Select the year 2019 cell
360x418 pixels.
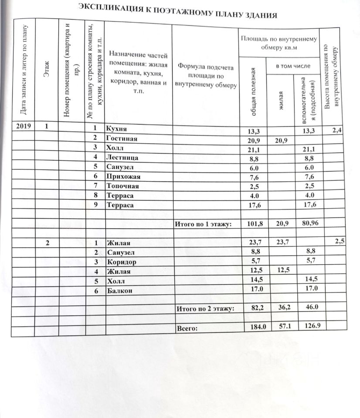point(24,127)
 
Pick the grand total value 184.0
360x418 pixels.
point(255,327)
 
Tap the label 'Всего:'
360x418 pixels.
point(187,328)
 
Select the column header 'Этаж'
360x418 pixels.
point(47,70)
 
